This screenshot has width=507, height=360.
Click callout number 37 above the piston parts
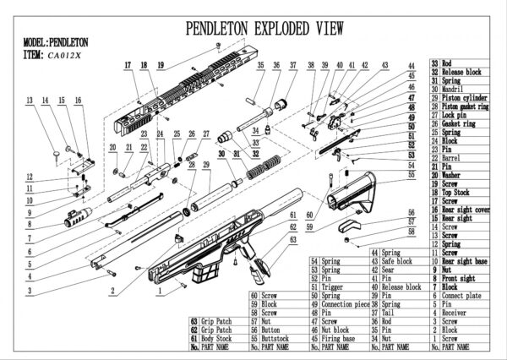[x=292, y=65]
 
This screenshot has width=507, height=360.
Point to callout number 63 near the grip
[x=293, y=239]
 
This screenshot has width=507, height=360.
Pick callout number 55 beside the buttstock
[x=411, y=175]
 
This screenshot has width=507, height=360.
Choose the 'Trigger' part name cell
[x=331, y=286]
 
